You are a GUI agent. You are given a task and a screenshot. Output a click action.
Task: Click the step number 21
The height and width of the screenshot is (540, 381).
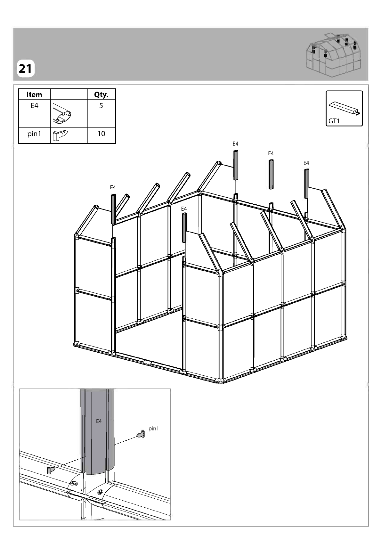click(25, 69)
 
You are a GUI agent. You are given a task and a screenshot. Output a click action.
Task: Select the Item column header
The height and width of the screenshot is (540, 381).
click(34, 94)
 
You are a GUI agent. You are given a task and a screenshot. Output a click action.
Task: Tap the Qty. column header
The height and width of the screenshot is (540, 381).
click(101, 95)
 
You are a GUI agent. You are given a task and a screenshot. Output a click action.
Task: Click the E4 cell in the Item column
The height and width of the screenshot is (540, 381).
click(34, 106)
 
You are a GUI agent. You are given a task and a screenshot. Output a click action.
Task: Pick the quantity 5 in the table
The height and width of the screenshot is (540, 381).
click(101, 106)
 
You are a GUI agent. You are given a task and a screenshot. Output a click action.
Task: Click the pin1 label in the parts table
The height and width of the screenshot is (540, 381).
click(34, 134)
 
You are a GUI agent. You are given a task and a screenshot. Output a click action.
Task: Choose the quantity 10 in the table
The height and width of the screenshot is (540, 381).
click(101, 134)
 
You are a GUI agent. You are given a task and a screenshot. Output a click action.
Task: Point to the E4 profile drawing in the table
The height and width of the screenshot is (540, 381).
click(62, 114)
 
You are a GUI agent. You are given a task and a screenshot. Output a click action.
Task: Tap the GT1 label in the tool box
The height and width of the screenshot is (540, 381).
click(334, 121)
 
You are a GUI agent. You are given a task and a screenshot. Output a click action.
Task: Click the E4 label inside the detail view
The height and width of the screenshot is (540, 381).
click(99, 421)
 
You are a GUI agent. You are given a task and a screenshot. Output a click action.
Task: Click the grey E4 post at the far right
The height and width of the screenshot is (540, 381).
click(306, 184)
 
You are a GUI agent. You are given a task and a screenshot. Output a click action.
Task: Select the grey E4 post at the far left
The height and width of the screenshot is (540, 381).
click(113, 209)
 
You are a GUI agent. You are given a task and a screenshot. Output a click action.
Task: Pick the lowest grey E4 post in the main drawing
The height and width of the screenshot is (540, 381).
click(184, 228)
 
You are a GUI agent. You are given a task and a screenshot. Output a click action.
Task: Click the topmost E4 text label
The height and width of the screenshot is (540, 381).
click(235, 144)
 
